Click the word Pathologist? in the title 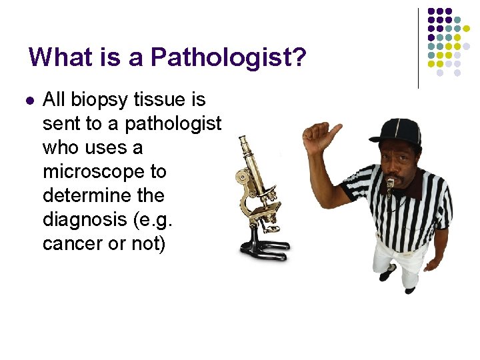click(229, 57)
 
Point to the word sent click(61, 124)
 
